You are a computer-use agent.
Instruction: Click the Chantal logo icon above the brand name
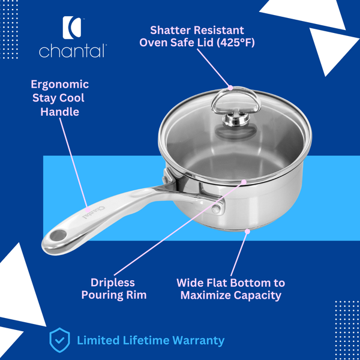pyautogui.click(x=72, y=27)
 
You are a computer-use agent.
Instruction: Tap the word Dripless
pyautogui.click(x=113, y=282)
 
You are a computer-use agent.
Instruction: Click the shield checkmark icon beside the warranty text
pyautogui.click(x=58, y=340)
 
